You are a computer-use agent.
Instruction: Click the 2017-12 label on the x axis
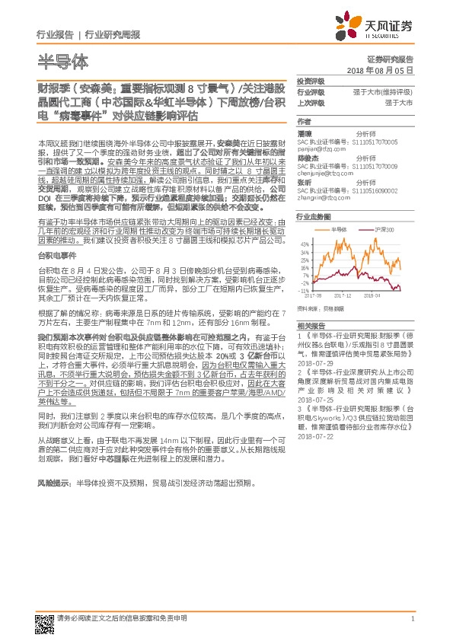(x=343, y=295)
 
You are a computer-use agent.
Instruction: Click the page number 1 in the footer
(x=412, y=618)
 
